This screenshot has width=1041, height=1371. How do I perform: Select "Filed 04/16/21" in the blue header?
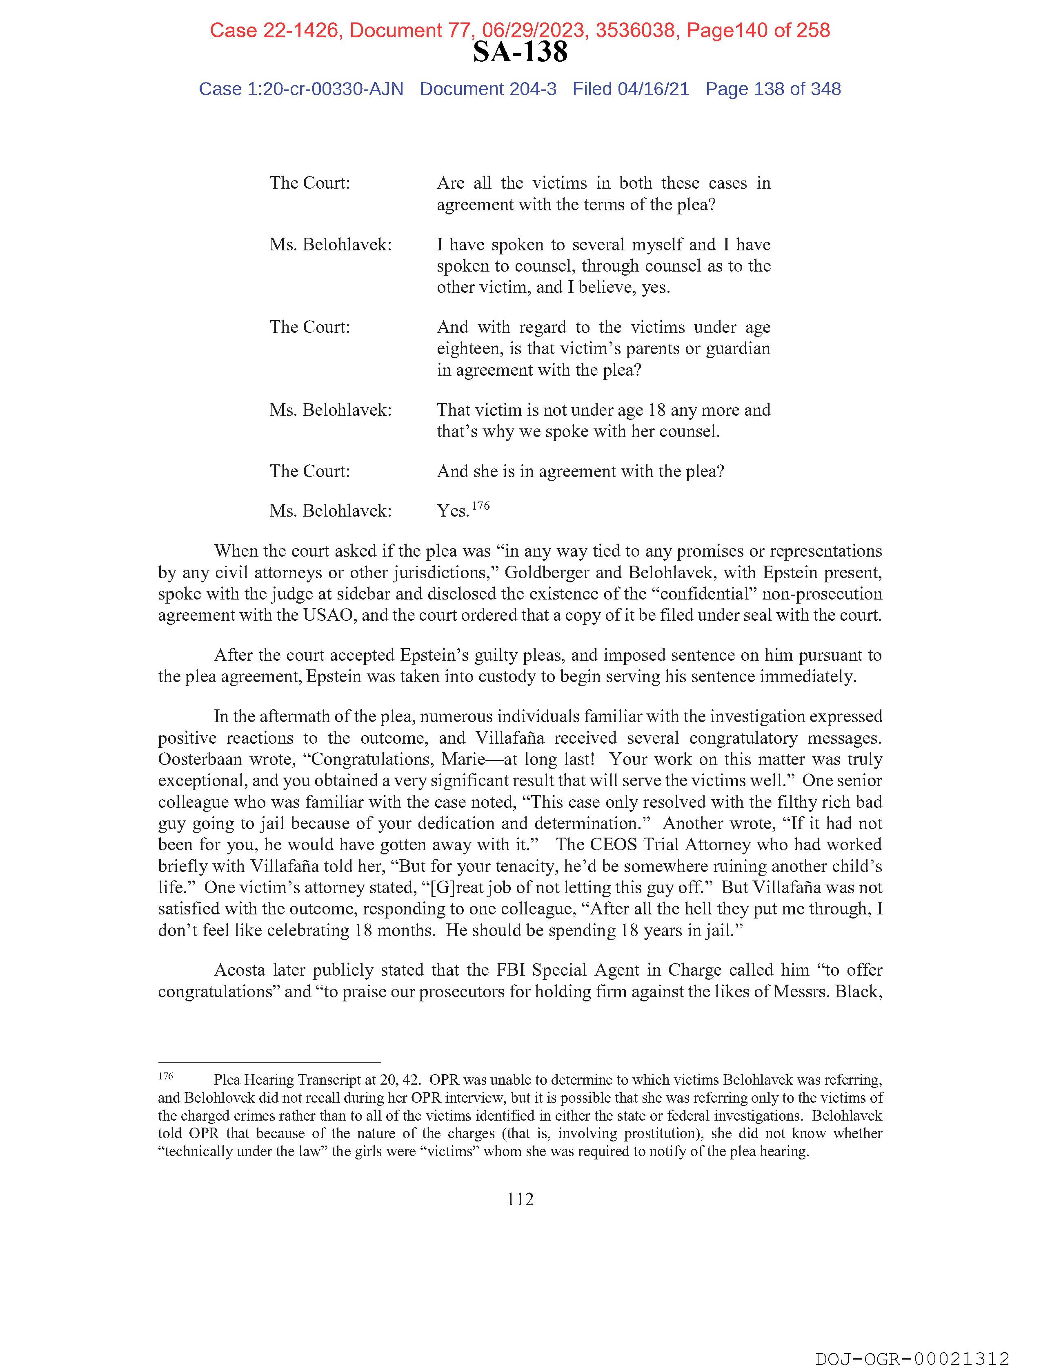tap(630, 89)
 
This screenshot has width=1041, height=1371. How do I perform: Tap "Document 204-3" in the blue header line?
tap(488, 89)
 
